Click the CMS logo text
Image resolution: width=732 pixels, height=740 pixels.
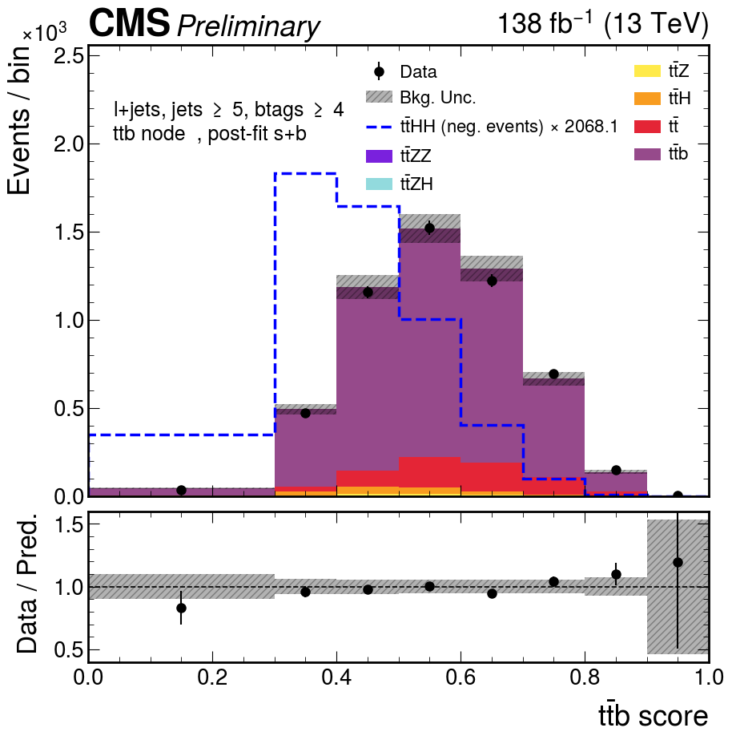pos(129,22)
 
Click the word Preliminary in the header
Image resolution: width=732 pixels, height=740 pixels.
pos(248,26)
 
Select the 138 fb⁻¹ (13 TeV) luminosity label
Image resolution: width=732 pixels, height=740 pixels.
pos(603,22)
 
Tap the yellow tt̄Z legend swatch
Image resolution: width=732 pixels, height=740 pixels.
pos(647,71)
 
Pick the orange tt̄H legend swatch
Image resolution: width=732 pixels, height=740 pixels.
pos(647,99)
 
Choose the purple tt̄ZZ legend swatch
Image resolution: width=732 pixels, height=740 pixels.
pos(379,156)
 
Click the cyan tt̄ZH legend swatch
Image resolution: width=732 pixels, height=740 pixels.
pos(379,184)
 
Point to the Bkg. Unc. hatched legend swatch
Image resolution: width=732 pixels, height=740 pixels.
pos(379,97)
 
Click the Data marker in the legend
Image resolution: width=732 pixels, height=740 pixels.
pos(379,71)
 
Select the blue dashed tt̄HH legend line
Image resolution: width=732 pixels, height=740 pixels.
pos(379,127)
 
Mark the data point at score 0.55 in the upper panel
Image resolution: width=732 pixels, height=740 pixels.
pos(429,228)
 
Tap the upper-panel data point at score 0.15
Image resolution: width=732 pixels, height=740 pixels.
pos(181,491)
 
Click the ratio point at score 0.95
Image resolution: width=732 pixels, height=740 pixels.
pos(678,563)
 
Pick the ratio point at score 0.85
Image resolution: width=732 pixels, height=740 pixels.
pos(616,574)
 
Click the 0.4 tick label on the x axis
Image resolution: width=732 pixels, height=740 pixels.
pos(336,677)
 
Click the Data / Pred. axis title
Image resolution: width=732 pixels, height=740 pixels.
pos(26,586)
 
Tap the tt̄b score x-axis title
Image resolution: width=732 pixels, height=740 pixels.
pos(653,715)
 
